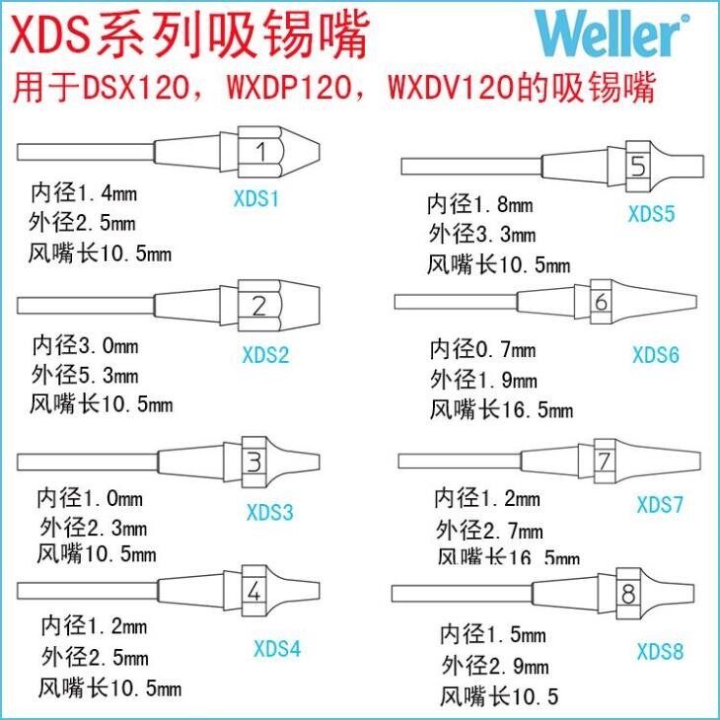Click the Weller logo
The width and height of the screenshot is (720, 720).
pyautogui.click(x=609, y=36)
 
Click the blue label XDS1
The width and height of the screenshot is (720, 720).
pyautogui.click(x=255, y=199)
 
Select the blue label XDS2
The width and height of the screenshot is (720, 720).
pyautogui.click(x=265, y=355)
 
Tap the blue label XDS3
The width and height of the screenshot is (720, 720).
pyautogui.click(x=269, y=513)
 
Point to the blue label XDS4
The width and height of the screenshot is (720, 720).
pyautogui.click(x=277, y=648)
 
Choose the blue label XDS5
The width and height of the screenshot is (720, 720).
pyautogui.click(x=652, y=213)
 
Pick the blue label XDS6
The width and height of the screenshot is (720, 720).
pyautogui.click(x=656, y=354)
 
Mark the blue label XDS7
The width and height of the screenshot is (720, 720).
pyautogui.click(x=660, y=505)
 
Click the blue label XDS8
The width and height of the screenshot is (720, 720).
pyautogui.click(x=660, y=651)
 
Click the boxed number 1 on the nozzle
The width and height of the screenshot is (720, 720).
pyautogui.click(x=261, y=152)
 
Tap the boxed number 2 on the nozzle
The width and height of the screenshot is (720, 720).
pyautogui.click(x=259, y=307)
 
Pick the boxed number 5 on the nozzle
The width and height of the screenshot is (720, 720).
pyautogui.click(x=638, y=167)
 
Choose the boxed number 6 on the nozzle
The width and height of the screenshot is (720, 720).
pyautogui.click(x=602, y=302)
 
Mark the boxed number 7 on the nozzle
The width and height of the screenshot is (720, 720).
pyautogui.click(x=605, y=461)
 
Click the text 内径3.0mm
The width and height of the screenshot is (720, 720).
pyautogui.click(x=85, y=345)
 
